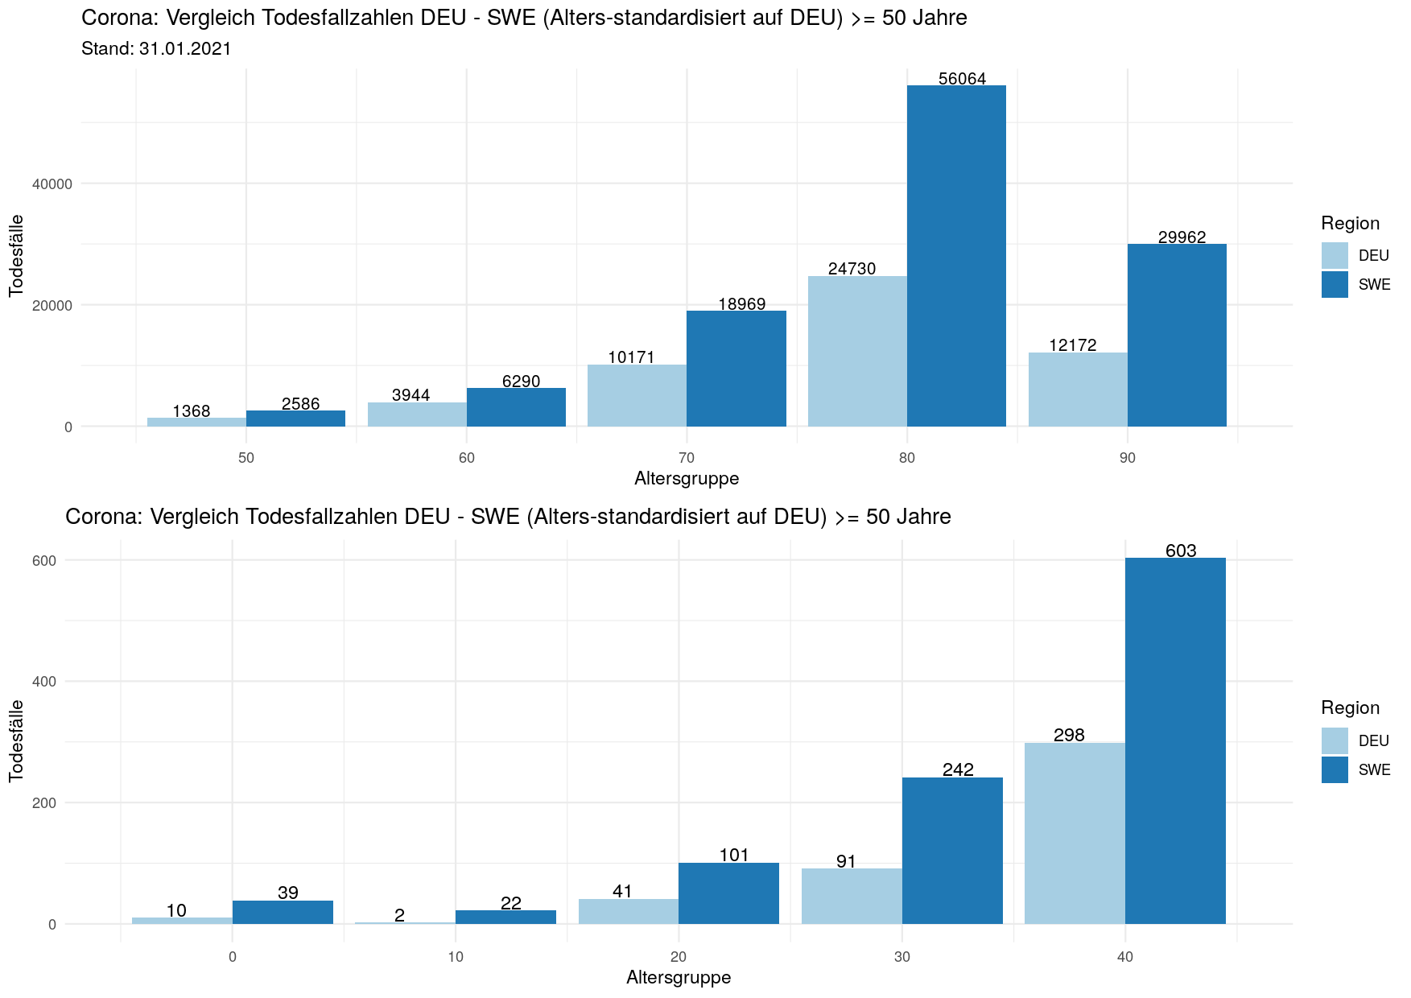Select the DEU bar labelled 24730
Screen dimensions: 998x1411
[x=857, y=351]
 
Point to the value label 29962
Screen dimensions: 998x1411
[x=1182, y=237]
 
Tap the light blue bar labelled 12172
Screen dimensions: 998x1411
[x=1078, y=390]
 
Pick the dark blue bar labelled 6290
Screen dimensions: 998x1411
[x=516, y=407]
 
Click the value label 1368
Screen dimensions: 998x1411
[x=192, y=411]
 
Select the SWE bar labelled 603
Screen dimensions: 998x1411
[x=1175, y=740]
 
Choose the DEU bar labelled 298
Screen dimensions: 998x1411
[x=1075, y=833]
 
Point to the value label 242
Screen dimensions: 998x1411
[x=958, y=769]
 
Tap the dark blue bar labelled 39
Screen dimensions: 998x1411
[x=283, y=912]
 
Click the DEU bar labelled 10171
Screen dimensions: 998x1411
[x=637, y=395]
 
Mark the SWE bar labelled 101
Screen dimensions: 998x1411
[x=728, y=893]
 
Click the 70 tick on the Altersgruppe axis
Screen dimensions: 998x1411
[x=687, y=458]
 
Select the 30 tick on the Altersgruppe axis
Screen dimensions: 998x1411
[x=902, y=957]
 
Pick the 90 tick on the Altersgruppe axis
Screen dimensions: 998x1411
[x=1128, y=458]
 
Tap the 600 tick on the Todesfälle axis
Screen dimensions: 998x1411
[x=45, y=561]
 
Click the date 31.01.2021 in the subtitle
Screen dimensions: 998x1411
[x=185, y=49]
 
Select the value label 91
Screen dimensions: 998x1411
[x=846, y=862]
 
